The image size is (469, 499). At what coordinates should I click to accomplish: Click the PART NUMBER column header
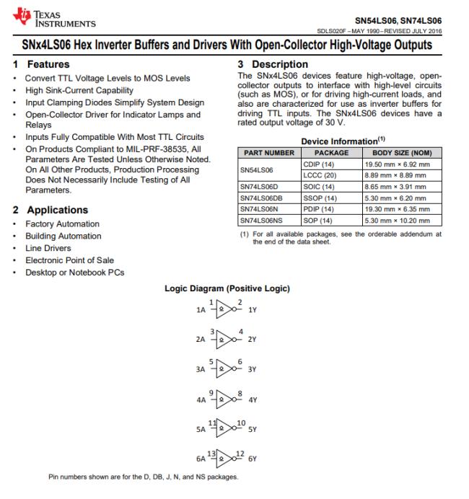pyautogui.click(x=268, y=153)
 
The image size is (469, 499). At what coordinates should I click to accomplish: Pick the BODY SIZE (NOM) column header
pyautogui.click(x=401, y=153)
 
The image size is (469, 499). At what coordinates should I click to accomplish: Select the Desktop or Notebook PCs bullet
pyautogui.click(x=74, y=272)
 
